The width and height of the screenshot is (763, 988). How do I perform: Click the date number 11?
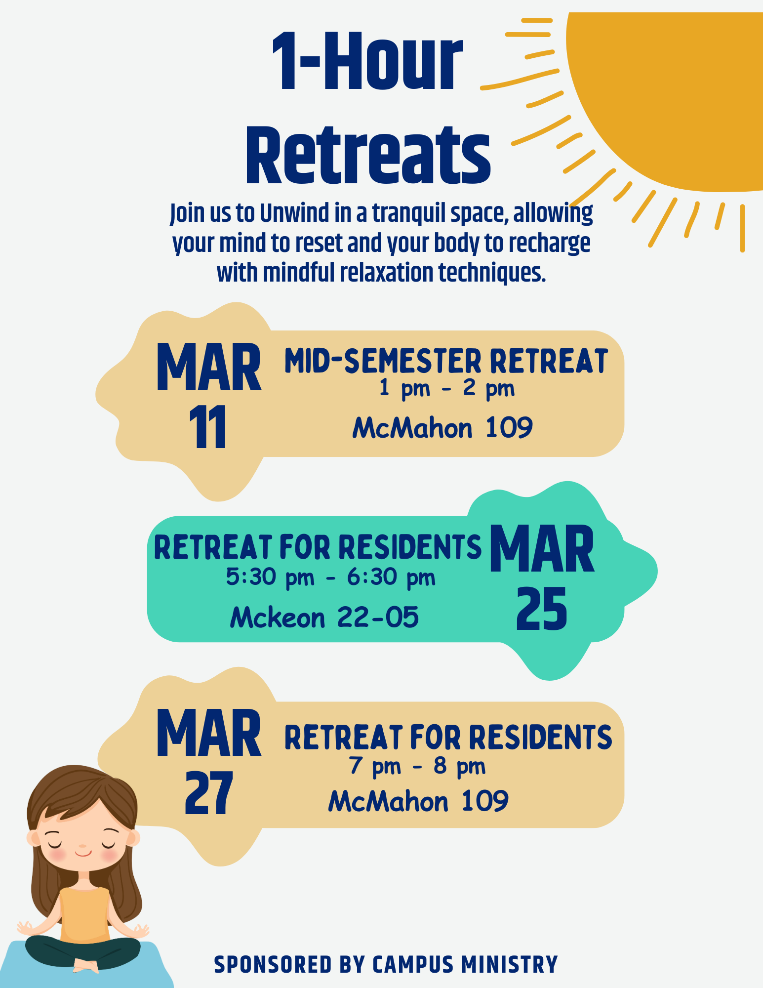[208, 427]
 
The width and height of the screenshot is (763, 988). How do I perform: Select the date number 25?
[541, 609]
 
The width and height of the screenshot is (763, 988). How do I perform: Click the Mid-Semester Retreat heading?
[446, 361]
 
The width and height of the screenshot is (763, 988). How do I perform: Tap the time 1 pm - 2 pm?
[447, 388]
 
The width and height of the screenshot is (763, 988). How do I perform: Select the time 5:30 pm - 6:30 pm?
[331, 576]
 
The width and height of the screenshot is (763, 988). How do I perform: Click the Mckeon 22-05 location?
[324, 617]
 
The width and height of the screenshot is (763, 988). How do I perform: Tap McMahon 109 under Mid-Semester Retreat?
[442, 427]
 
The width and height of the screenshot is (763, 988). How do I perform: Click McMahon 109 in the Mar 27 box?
[418, 801]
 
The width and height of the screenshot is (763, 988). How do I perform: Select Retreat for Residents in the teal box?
[318, 547]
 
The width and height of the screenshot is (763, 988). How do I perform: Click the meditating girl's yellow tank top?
[85, 914]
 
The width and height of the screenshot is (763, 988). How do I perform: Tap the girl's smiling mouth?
[83, 853]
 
